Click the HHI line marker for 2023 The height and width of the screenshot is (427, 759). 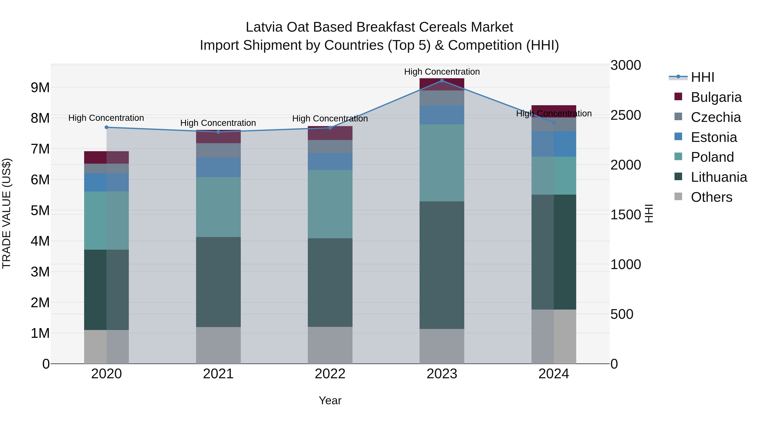tap(442, 81)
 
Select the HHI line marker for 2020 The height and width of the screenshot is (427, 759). tap(107, 127)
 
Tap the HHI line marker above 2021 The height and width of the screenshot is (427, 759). tap(218, 132)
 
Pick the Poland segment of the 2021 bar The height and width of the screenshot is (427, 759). tap(218, 207)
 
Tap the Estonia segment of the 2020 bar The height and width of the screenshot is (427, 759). tap(106, 182)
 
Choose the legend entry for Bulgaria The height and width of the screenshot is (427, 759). tap(716, 97)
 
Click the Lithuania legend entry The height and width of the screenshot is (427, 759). tap(719, 177)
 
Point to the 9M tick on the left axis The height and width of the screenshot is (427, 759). tap(40, 88)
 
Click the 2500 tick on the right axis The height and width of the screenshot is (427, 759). tap(626, 115)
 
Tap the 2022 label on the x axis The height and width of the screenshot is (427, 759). tap(330, 374)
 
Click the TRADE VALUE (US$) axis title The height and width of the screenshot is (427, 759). tap(7, 213)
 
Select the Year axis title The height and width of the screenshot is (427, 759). tap(330, 400)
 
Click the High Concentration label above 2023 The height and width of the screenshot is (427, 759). tap(442, 72)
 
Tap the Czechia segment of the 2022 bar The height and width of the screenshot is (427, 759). tap(330, 147)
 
